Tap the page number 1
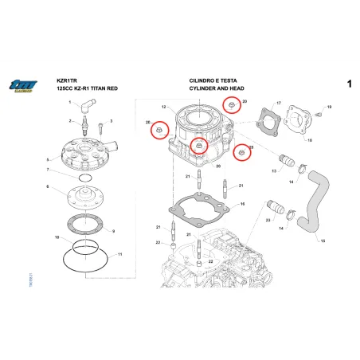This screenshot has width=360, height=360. pos(349,84)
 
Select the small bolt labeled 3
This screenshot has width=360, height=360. pos(100,125)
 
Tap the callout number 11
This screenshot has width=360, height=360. pos(119,255)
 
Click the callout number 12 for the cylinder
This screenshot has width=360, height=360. pos(163,107)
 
